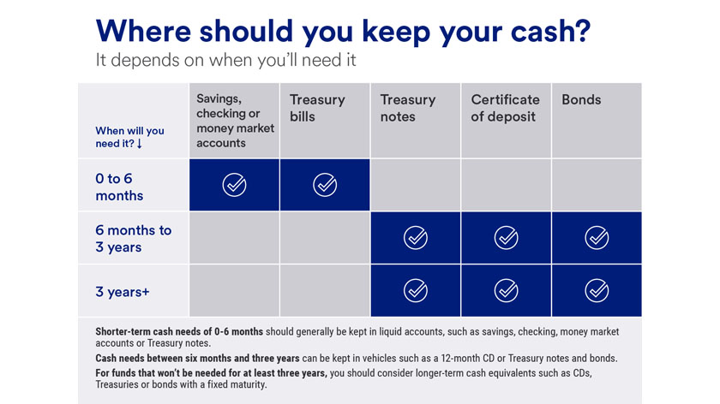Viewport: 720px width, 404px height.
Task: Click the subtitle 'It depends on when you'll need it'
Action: point(225,61)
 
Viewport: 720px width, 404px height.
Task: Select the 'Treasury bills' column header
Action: point(317,108)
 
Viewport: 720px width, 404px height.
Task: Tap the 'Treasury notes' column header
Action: point(408,108)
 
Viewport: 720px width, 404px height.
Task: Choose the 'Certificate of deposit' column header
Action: point(505,108)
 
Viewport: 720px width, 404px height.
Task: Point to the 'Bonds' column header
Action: point(581,100)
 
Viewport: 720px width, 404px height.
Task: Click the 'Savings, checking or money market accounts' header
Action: point(235,121)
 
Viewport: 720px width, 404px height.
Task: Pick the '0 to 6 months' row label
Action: point(120,187)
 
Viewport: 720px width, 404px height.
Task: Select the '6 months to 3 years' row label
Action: point(133,239)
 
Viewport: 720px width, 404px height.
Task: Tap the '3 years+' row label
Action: point(123,292)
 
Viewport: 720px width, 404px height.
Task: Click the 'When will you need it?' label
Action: point(129,137)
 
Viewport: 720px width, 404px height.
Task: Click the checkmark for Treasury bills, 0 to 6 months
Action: point(325,185)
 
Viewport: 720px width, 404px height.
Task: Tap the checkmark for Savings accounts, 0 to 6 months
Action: point(234,185)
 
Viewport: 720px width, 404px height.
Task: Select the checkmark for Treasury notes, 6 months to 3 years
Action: point(416,238)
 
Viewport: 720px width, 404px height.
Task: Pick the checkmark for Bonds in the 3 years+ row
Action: point(597,291)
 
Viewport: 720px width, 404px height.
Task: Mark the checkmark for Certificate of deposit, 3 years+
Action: point(506,291)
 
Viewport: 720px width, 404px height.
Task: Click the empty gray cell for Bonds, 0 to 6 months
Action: point(597,185)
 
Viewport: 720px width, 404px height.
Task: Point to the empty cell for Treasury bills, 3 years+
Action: point(325,291)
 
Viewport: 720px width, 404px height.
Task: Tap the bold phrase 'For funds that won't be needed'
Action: point(211,372)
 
